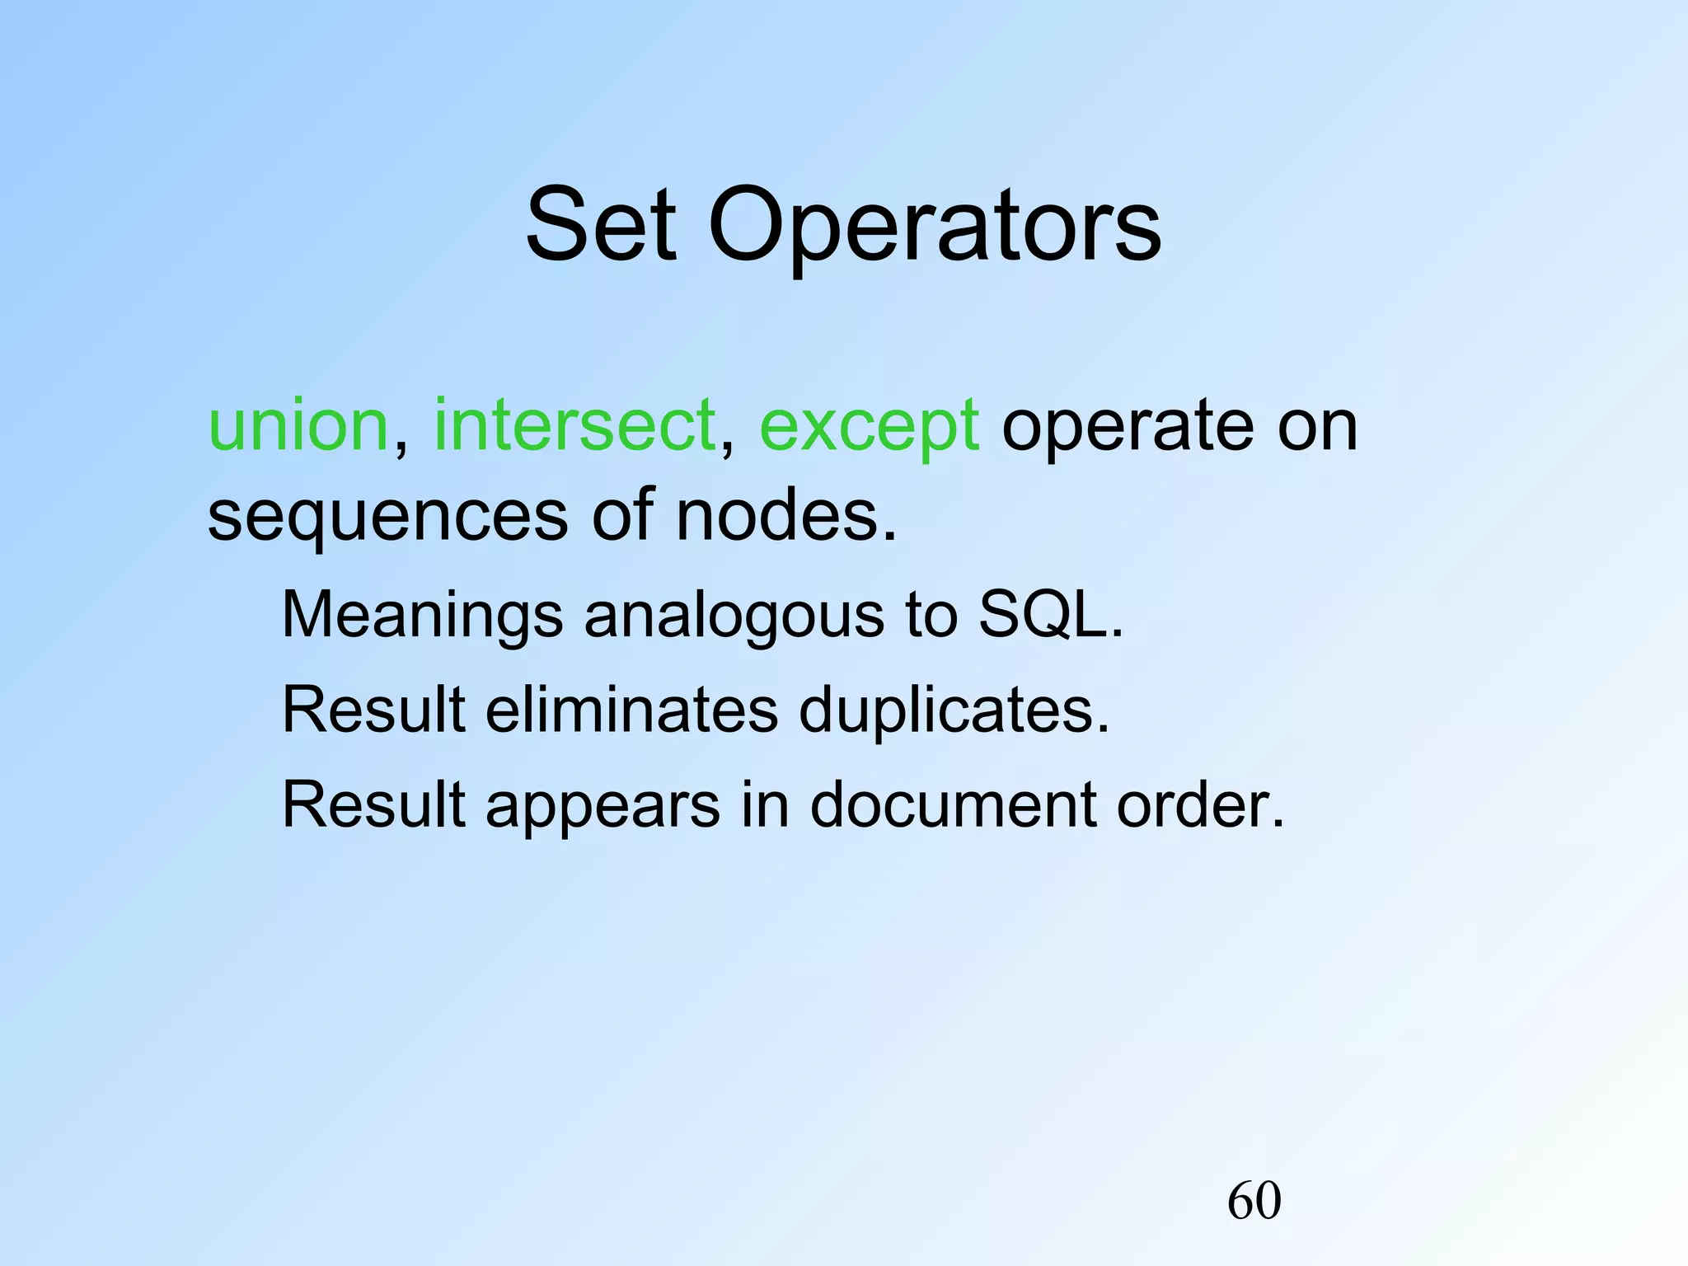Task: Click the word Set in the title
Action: click(601, 225)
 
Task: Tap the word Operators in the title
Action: click(935, 225)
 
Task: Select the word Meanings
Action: click(423, 616)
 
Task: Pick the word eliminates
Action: click(631, 710)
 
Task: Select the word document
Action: click(952, 804)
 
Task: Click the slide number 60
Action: click(1254, 1200)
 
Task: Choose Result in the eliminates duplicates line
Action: click(374, 710)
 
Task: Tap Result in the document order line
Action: click(374, 804)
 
